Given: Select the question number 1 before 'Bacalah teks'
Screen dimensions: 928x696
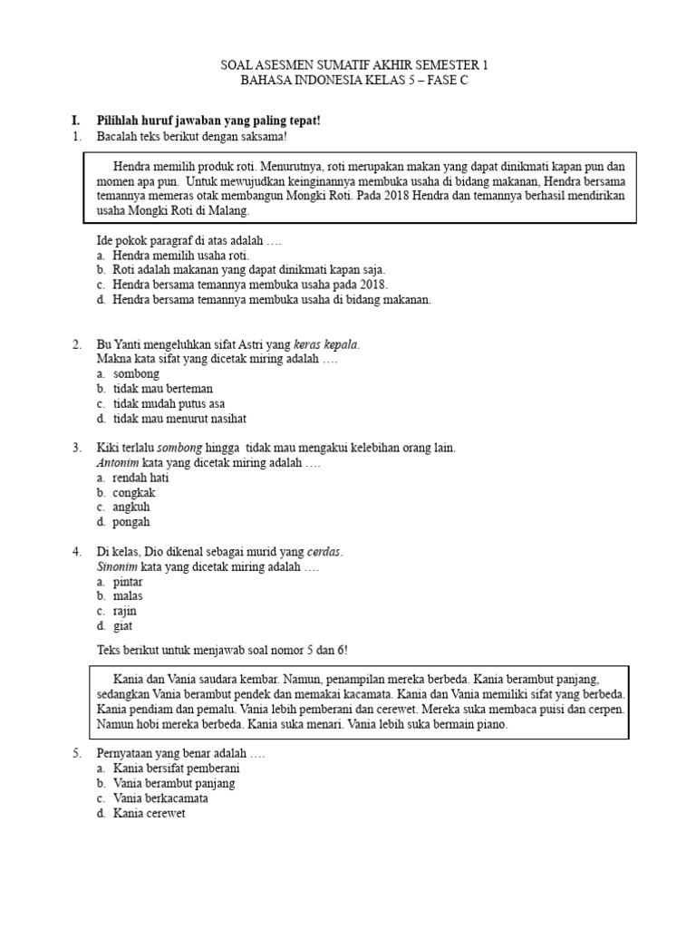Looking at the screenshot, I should tap(76, 136).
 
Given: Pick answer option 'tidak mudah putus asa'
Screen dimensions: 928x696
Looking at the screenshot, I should tap(169, 403).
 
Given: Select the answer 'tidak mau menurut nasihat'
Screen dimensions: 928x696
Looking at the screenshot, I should tap(179, 419).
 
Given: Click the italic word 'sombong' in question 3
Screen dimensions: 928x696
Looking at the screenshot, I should tap(181, 448).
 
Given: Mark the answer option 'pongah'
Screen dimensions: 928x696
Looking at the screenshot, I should tap(131, 522).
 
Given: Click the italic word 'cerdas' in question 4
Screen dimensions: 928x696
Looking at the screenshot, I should tap(324, 552).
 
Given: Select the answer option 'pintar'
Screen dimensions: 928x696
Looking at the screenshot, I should tap(130, 581).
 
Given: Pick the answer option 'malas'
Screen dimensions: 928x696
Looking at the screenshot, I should tap(129, 596).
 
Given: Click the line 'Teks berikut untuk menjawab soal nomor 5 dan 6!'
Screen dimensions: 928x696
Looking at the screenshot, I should tap(221, 650).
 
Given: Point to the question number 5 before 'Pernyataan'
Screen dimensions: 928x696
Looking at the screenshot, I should tap(76, 753).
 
